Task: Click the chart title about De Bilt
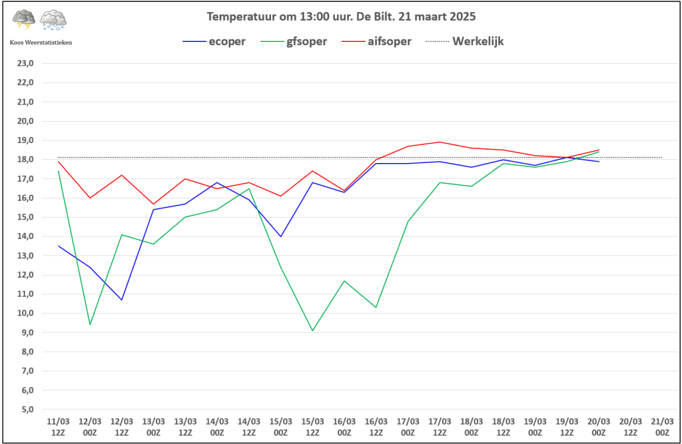341,17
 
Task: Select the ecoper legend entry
214,41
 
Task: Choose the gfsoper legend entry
294,41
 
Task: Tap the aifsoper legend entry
376,41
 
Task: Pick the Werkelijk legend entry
464,41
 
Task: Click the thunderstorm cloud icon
24,19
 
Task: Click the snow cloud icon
53,20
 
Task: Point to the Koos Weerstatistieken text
41,42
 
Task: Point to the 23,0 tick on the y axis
25,63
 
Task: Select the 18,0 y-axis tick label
25,160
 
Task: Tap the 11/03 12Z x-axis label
59,427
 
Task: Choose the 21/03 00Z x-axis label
663,427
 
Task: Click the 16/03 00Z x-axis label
344,427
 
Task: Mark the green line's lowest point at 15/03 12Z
313,330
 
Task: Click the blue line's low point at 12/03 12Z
122,300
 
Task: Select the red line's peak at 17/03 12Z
440,142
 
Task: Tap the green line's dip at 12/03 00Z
90,325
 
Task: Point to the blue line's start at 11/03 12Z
59,246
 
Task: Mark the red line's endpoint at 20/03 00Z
599,150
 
